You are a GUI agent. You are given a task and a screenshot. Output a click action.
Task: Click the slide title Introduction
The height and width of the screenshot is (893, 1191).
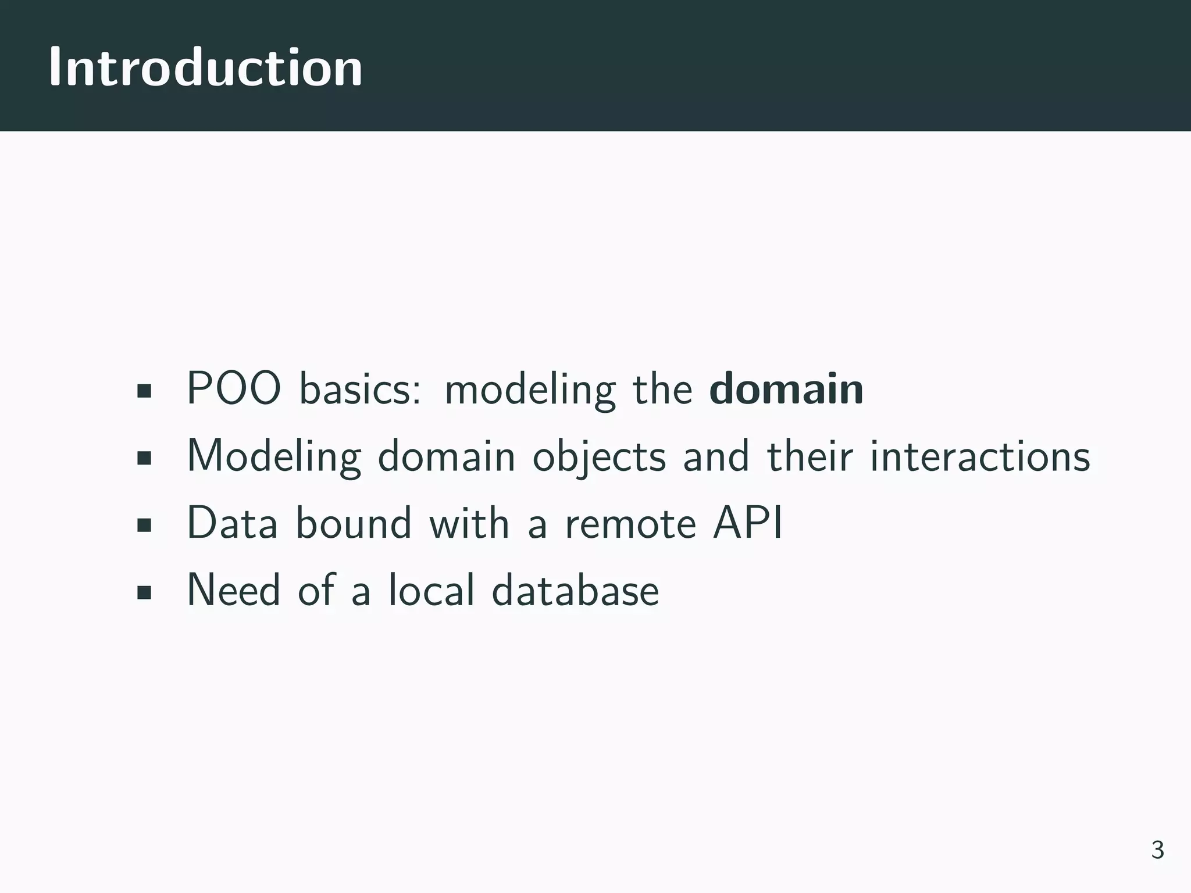click(205, 67)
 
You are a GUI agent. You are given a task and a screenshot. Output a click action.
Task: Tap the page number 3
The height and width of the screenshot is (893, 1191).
click(1157, 850)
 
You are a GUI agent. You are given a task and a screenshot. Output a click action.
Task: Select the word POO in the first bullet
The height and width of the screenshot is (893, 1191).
click(234, 389)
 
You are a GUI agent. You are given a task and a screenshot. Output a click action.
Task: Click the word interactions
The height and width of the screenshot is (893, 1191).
click(980, 456)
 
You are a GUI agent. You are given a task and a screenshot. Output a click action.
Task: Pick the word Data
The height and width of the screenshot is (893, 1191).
click(232, 523)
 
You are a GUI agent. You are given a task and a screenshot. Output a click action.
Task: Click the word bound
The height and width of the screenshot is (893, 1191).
click(354, 523)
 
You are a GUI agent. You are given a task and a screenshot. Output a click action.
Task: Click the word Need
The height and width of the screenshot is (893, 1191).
click(233, 590)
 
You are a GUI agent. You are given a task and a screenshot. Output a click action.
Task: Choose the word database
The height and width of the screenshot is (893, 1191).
click(575, 590)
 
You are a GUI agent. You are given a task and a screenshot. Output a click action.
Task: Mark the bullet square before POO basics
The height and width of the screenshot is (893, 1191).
click(144, 391)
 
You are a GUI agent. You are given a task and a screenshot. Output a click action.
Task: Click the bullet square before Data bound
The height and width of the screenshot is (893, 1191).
click(144, 526)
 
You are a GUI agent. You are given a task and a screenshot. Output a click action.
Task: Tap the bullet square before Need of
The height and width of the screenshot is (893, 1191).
click(144, 592)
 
